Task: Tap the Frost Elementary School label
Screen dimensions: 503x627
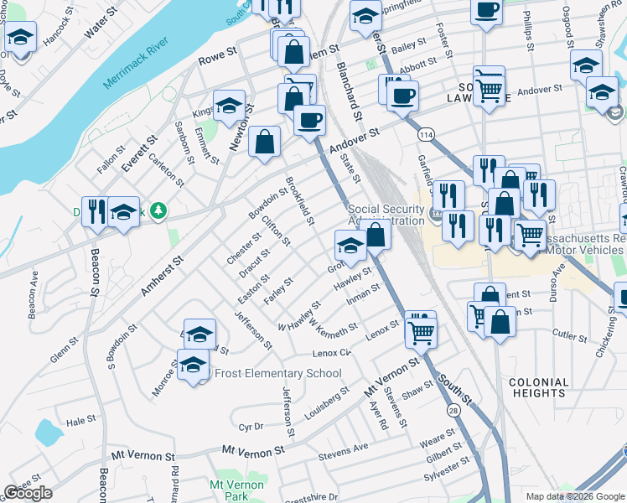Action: pos(278,373)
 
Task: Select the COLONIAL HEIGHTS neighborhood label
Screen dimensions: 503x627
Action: pos(537,387)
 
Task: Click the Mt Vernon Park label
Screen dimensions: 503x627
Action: pos(230,490)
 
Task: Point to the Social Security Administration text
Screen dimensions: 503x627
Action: pos(386,215)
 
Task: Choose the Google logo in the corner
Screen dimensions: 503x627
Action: pos(28,493)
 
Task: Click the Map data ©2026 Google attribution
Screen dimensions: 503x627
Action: pos(575,496)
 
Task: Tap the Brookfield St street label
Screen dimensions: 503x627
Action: pos(299,201)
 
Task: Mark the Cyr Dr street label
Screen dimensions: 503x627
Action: pos(251,426)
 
